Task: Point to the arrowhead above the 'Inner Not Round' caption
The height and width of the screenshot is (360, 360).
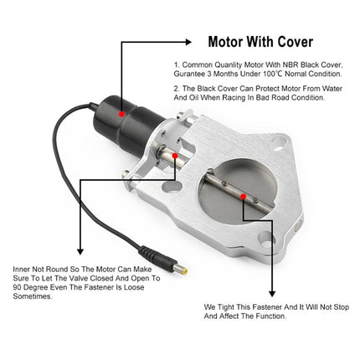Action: pyautogui.click(x=77, y=251)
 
